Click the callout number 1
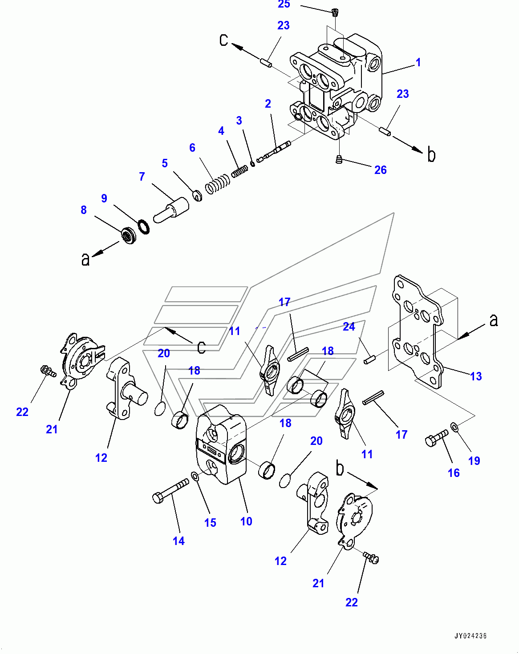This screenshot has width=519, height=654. tap(418, 63)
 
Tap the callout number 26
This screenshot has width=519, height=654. tap(381, 170)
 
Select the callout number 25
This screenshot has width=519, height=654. tap(284, 4)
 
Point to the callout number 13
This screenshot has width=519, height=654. tap(476, 376)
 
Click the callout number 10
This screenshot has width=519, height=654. tap(246, 521)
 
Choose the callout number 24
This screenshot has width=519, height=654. tap(349, 327)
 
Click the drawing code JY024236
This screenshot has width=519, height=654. tap(470, 635)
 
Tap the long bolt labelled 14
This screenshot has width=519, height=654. tap(170, 490)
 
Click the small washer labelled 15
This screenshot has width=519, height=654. tap(195, 475)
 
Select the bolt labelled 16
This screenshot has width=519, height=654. tap(437, 438)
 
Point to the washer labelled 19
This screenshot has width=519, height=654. tap(455, 427)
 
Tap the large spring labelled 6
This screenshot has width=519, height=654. tap(217, 185)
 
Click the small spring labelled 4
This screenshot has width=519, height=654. tap(239, 172)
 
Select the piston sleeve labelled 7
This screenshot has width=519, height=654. tap(171, 210)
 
